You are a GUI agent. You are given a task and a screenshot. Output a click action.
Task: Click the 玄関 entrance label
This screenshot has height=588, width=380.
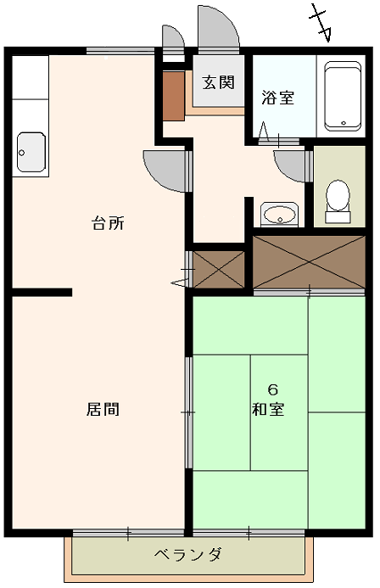tap(219, 82)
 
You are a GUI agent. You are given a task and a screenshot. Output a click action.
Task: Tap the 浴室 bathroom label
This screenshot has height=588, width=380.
tap(277, 98)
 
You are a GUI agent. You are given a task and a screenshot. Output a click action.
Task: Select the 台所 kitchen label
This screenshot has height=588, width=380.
tap(108, 223)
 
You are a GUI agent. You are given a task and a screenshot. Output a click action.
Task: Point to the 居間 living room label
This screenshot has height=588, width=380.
tap(103, 409)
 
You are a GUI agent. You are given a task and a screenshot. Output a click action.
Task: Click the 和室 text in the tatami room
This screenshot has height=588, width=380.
tap(268, 409)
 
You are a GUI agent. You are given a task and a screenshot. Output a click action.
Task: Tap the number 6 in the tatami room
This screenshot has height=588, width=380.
tap(272, 389)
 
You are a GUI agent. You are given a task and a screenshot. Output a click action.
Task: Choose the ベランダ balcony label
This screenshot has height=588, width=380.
tap(188, 554)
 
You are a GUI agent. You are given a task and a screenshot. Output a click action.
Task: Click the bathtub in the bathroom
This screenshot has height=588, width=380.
tap(343, 97)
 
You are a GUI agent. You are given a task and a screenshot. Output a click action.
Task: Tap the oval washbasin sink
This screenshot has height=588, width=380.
tap(279, 215)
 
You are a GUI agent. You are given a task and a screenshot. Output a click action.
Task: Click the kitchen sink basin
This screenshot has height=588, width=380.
tap(31, 152)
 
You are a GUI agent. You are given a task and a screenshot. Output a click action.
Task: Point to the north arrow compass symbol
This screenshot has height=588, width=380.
tap(321, 23)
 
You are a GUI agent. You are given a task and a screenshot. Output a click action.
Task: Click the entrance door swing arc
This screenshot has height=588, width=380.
tap(219, 28)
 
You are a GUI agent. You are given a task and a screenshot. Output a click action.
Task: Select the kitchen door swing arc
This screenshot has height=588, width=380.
tap(165, 171)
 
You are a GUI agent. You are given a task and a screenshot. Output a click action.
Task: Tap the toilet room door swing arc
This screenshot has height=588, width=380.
tap(289, 165)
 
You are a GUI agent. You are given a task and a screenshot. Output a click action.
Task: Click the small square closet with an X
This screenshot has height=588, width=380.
tap(219, 270)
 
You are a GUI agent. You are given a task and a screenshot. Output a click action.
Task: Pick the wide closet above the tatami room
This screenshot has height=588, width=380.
tap(309, 261)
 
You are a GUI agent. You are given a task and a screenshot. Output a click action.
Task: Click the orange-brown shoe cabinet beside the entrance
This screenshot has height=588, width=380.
tap(174, 96)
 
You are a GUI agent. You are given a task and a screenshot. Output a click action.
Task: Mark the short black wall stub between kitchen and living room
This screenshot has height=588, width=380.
tap(42, 292)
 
